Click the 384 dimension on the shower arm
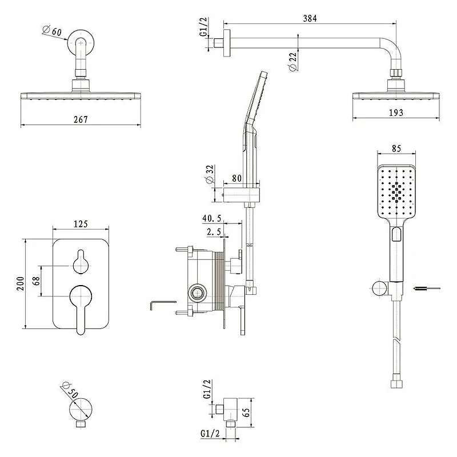[310, 18]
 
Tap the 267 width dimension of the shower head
[81, 119]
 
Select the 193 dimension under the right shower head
[396, 113]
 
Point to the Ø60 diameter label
[53, 30]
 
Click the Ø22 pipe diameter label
[292, 61]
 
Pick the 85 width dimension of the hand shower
[396, 149]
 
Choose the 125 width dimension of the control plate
[81, 224]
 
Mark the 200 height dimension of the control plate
[21, 283]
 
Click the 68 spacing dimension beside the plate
[36, 281]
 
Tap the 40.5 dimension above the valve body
[212, 218]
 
